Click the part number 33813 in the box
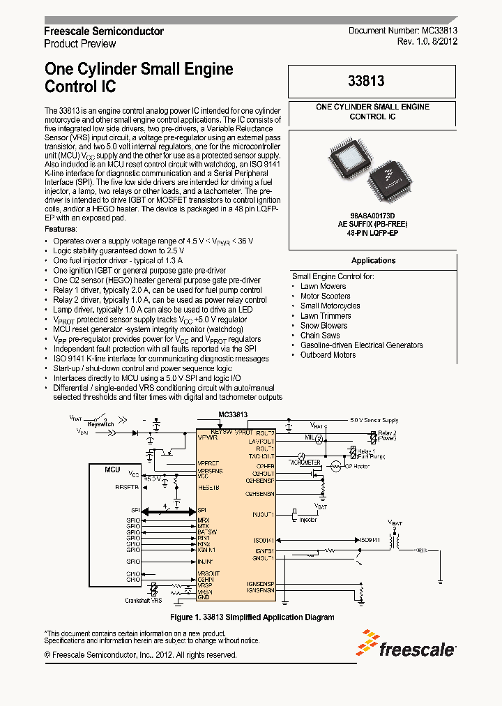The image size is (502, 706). [367, 81]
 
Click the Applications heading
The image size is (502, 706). [373, 260]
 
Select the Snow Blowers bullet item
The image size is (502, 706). [324, 325]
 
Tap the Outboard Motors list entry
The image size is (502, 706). [328, 354]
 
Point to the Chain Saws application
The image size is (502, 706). [320, 335]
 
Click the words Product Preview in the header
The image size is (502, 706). [80, 43]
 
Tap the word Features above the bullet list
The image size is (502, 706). [61, 229]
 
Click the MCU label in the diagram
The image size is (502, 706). [112, 470]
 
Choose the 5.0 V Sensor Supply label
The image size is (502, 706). [374, 421]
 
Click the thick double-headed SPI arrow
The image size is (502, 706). [168, 510]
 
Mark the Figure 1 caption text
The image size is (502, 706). [252, 617]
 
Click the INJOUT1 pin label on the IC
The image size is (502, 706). [263, 514]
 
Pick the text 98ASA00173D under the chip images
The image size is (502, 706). [372, 217]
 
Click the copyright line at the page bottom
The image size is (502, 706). [140, 655]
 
